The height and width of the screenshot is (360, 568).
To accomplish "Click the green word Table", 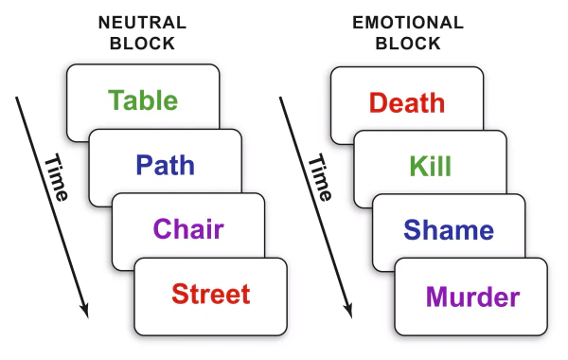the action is click(x=143, y=99).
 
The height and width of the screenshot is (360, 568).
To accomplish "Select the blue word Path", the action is click(x=165, y=165).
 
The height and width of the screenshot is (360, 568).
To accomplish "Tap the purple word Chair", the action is click(x=188, y=228).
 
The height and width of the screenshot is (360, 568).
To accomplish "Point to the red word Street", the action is click(x=211, y=294).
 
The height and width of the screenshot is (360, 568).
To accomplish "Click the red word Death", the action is click(x=407, y=102).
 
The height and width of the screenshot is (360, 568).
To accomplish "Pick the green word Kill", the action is click(x=431, y=166).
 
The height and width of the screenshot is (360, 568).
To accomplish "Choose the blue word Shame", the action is click(x=449, y=230).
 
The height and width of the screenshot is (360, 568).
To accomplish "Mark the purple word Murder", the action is click(x=472, y=297).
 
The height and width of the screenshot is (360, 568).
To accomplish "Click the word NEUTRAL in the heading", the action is click(x=142, y=23).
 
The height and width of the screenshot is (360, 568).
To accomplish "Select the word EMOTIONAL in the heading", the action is click(x=408, y=23).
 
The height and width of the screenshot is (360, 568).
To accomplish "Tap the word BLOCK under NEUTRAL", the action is click(x=142, y=44).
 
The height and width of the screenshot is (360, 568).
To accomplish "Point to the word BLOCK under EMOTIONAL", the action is click(x=408, y=44).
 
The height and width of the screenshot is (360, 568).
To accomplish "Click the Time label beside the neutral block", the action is click(x=56, y=178).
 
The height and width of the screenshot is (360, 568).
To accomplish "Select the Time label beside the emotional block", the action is click(x=320, y=178).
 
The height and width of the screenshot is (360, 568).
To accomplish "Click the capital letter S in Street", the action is click(x=180, y=294).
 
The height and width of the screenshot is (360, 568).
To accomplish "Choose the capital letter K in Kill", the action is click(x=418, y=166).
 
